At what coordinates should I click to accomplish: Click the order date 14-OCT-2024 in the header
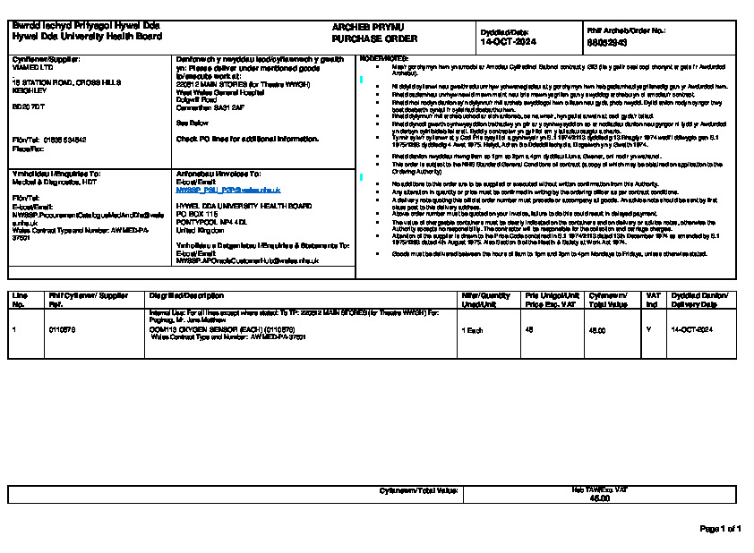pyautogui.click(x=507, y=42)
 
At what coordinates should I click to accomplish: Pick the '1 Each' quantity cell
pyautogui.click(x=471, y=330)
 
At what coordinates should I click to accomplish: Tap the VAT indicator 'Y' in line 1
pyautogui.click(x=649, y=330)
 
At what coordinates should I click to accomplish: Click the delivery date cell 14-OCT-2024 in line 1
pyautogui.click(x=692, y=330)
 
